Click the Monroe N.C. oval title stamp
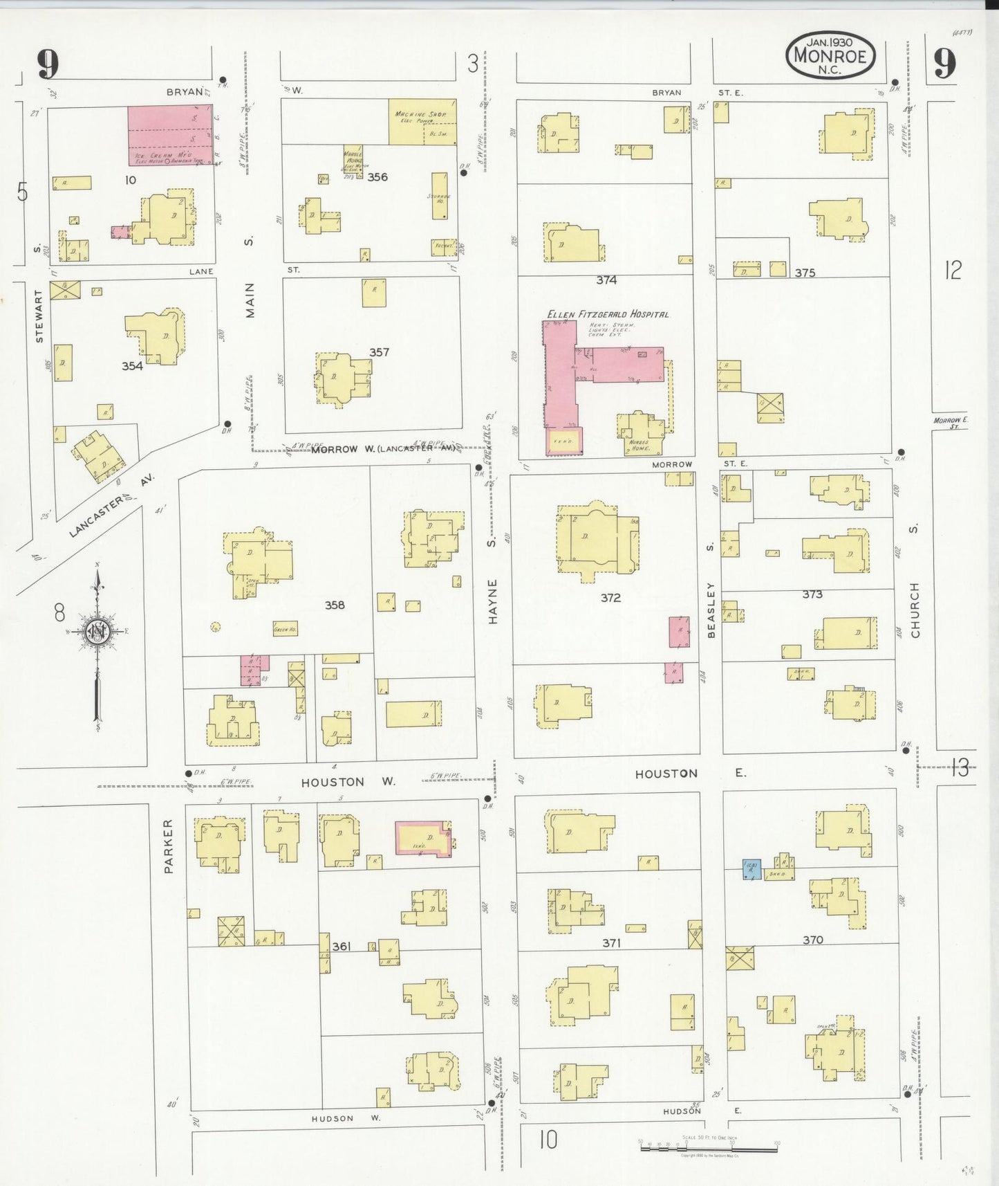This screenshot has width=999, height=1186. click(x=830, y=55)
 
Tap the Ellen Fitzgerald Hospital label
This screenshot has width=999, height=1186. click(x=608, y=314)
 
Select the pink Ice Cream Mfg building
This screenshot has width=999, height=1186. click(x=170, y=135)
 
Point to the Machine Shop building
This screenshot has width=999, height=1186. click(x=422, y=122)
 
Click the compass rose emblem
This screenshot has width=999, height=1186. click(x=97, y=631)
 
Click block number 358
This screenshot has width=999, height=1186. click(x=335, y=605)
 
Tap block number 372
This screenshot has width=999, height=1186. click(x=610, y=597)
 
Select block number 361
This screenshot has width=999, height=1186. click(x=341, y=946)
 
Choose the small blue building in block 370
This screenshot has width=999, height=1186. click(x=751, y=869)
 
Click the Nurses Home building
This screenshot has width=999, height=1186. click(x=641, y=435)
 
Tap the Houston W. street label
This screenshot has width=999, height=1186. click(x=348, y=781)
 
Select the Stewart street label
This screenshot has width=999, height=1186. click(x=39, y=316)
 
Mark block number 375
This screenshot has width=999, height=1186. click(x=805, y=273)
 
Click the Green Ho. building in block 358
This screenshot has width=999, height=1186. click(x=285, y=629)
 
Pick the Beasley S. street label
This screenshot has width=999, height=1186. click(x=710, y=609)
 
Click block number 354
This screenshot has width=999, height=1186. click(x=132, y=365)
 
